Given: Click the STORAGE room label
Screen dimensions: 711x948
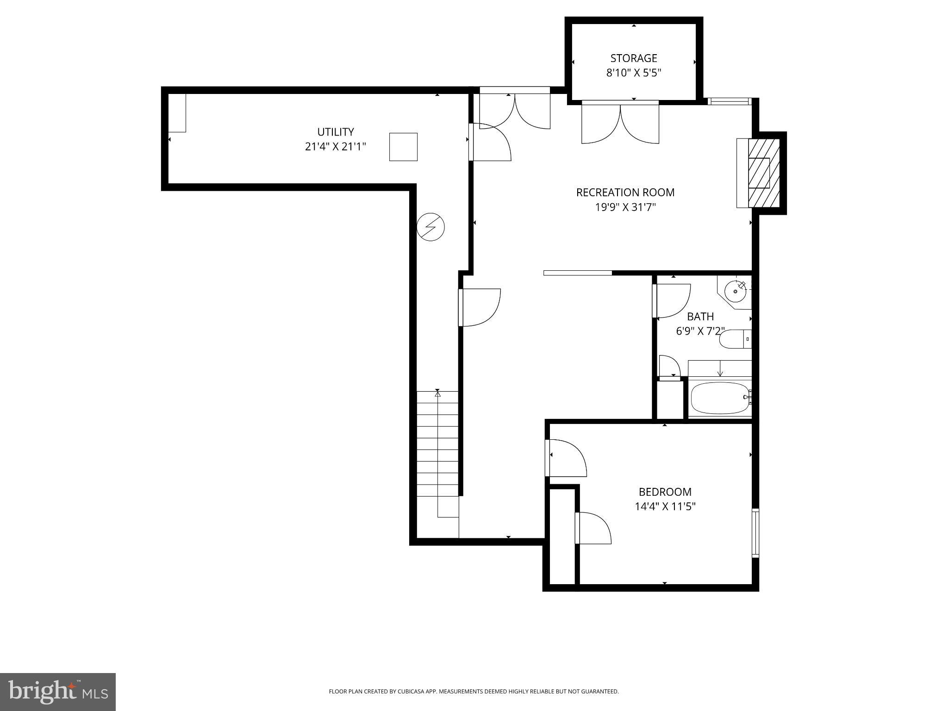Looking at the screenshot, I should coord(633,58).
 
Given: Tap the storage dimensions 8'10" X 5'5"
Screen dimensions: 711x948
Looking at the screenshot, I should coord(633,73).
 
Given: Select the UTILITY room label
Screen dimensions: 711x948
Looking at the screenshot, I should coord(335,132).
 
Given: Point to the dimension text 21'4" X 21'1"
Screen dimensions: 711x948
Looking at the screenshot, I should coord(335,147).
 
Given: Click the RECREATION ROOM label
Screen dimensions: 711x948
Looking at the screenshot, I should coord(625,193).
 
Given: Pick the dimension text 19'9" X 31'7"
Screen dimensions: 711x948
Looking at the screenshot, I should coord(625,207).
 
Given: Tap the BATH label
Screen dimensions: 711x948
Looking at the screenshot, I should coord(700,317).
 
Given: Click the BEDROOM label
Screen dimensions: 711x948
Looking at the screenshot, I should coord(665,492).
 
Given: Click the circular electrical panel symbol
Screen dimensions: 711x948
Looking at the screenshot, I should coord(430,227).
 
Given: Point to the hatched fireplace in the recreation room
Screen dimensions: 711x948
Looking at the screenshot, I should coord(764,173).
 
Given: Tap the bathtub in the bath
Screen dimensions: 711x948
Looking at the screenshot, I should coord(720,398).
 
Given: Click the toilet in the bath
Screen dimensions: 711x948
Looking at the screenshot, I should coord(734,339).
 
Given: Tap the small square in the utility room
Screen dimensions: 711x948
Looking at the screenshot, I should coord(403,147).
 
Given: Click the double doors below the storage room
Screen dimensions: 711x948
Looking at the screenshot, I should coord(620,123).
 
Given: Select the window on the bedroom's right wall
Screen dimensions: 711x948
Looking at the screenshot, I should coord(755,532).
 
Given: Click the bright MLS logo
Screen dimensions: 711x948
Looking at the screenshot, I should coord(58,692).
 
